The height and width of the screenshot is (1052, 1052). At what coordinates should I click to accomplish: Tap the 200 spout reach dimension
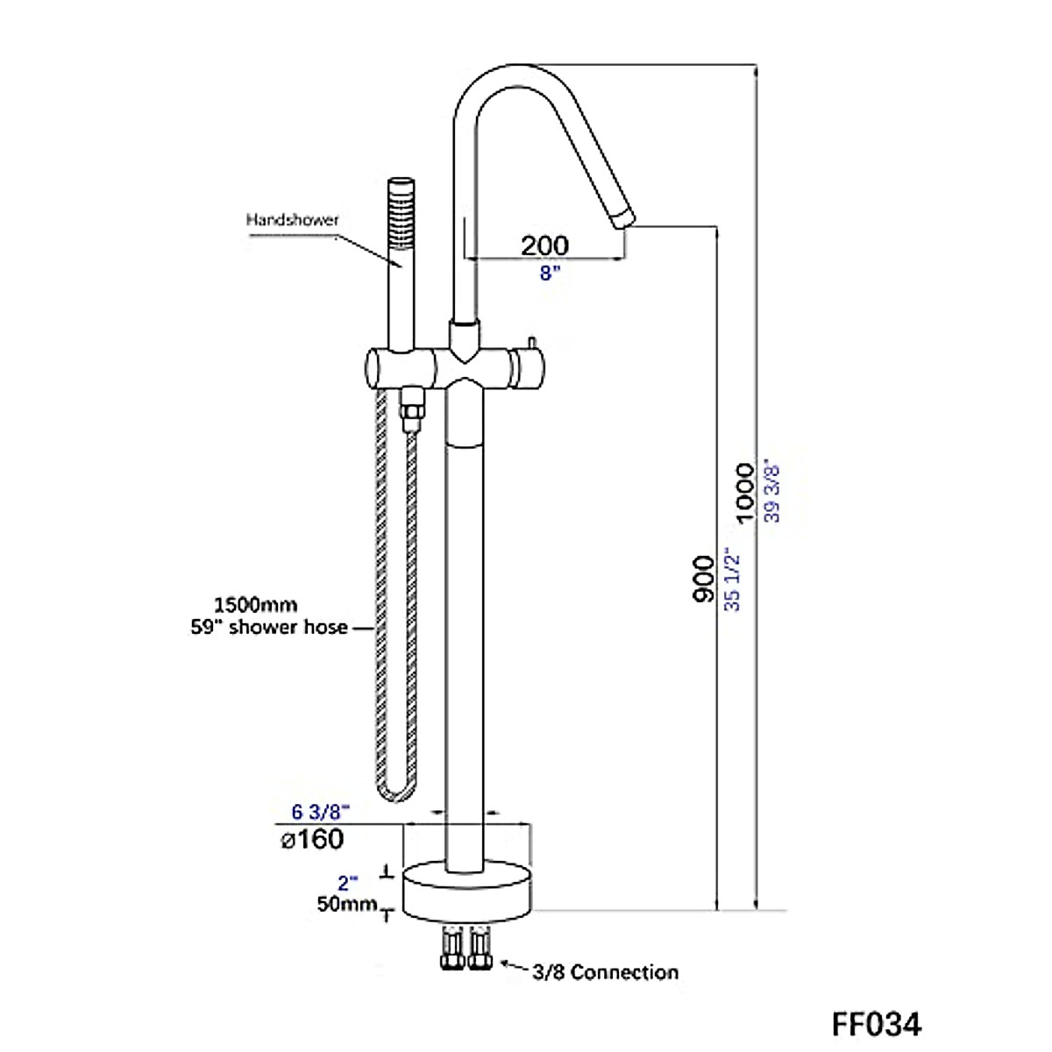(x=544, y=245)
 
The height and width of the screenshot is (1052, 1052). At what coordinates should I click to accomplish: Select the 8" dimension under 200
(x=550, y=273)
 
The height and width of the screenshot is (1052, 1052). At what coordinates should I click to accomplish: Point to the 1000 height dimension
(x=744, y=493)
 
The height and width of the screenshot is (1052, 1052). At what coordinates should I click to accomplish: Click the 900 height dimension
(x=702, y=579)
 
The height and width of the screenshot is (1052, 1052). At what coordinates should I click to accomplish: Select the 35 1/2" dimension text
(x=732, y=579)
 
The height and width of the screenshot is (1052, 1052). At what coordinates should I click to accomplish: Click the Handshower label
(x=292, y=220)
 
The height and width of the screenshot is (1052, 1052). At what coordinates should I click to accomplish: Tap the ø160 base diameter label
(x=312, y=839)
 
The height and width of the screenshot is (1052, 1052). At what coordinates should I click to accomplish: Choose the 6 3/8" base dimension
(x=320, y=812)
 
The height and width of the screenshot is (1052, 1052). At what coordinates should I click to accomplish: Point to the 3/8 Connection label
(x=605, y=971)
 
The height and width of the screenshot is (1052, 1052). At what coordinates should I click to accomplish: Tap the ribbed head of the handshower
(x=402, y=203)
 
